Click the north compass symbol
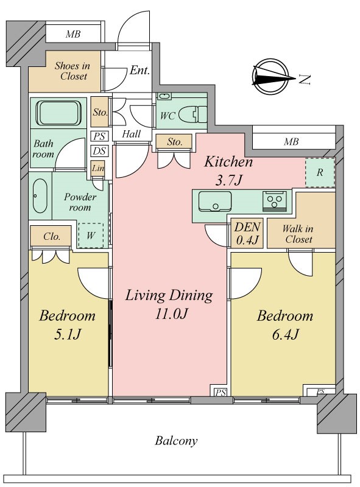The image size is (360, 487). pos(269,77)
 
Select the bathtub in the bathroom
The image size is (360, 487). pos(58,113)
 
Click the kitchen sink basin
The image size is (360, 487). pos(215,201)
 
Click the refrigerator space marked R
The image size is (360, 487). pos(320,173)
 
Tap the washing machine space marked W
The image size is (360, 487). pos(91,236)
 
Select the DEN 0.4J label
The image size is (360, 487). pos(247,233)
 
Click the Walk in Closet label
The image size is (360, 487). pos(298,234)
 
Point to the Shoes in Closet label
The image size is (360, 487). pos(72,71)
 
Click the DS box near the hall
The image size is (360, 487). pos(99,151)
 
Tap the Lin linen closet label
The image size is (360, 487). pos(98,169)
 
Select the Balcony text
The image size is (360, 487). pos(176,441)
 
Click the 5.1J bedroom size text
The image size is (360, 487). pos(68,334)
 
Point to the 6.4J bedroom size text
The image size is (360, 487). pos(286,334)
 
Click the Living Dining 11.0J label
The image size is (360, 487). pos(169,304)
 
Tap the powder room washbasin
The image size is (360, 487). pos(40,195)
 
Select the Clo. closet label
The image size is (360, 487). pos(52,237)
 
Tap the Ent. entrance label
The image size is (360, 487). pos(139,70)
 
